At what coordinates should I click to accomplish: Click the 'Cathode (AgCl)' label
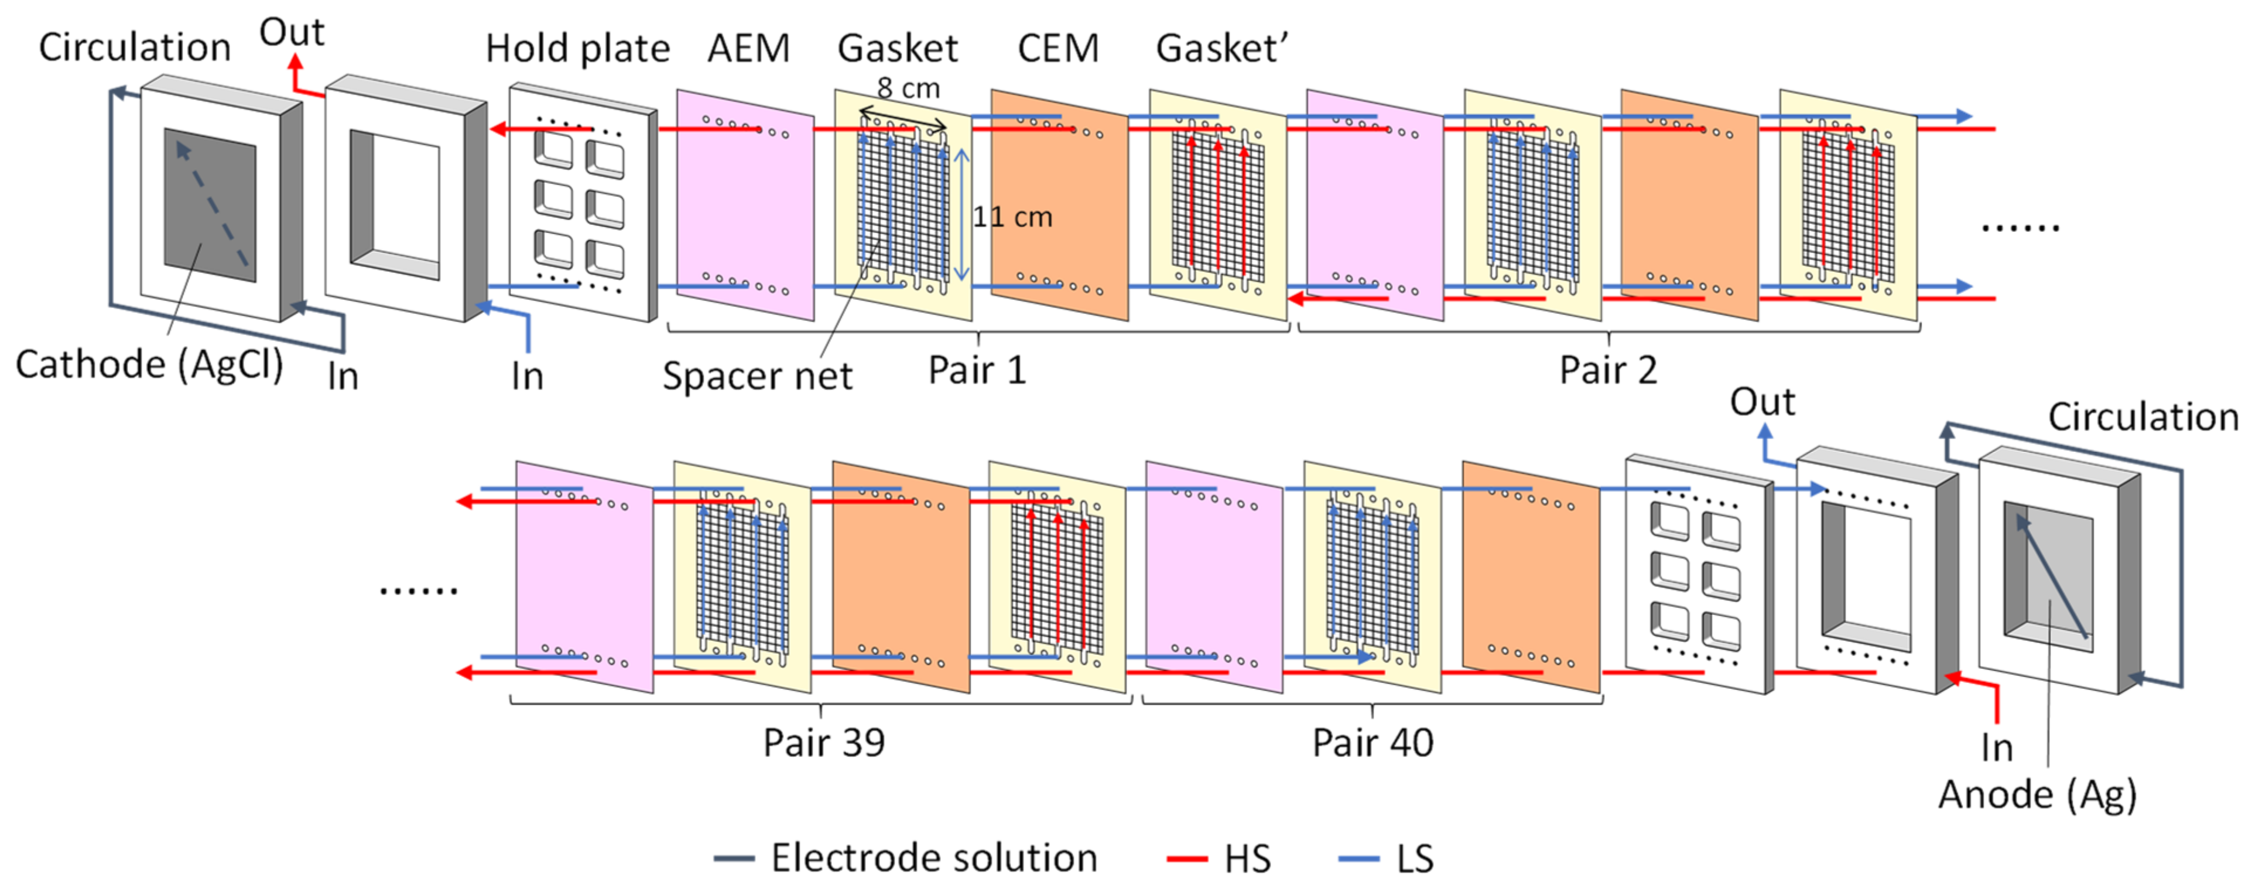pyautogui.click(x=149, y=364)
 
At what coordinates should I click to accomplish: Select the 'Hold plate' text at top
pyautogui.click(x=577, y=48)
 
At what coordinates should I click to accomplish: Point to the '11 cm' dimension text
pyautogui.click(x=1012, y=216)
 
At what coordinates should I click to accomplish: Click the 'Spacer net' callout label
pyautogui.click(x=757, y=376)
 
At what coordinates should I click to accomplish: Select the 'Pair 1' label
pyautogui.click(x=977, y=370)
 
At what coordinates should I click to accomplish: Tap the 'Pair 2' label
pyautogui.click(x=1608, y=370)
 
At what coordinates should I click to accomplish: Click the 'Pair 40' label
pyautogui.click(x=1373, y=742)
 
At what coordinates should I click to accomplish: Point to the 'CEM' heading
pyautogui.click(x=1058, y=48)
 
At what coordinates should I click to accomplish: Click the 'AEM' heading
pyautogui.click(x=748, y=48)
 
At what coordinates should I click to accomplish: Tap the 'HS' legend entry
pyautogui.click(x=1247, y=859)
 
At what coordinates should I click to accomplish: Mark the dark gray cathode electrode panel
pyautogui.click(x=210, y=206)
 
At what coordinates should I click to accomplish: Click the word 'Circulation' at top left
pyautogui.click(x=135, y=47)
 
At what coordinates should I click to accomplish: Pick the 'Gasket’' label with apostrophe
pyautogui.click(x=1222, y=48)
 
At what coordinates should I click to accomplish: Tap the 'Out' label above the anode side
pyautogui.click(x=1762, y=402)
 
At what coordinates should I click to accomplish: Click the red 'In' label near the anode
pyautogui.click(x=1997, y=747)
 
